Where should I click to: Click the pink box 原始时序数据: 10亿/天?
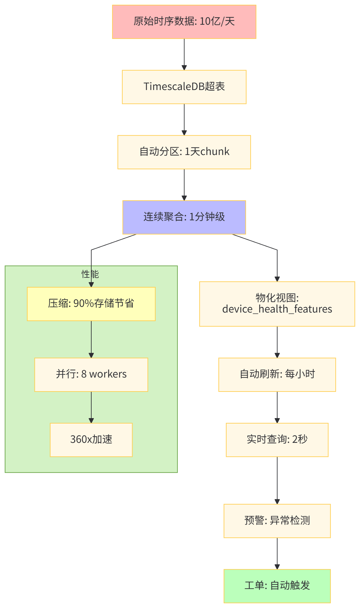click(184, 22)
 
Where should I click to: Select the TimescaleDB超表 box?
click(184, 87)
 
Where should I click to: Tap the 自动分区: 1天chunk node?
click(184, 152)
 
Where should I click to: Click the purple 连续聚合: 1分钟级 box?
click(184, 217)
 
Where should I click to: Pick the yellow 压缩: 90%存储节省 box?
click(91, 304)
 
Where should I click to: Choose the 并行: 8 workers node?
click(91, 374)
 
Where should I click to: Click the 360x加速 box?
click(91, 440)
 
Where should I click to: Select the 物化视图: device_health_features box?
click(277, 304)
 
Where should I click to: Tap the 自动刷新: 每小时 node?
click(277, 374)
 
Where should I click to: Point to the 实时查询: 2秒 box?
click(277, 440)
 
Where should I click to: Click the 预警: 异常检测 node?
click(277, 521)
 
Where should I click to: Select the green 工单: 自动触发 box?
click(277, 586)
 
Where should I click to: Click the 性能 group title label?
click(90, 274)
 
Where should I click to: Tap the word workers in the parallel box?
click(108, 374)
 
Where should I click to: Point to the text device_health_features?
click(277, 309)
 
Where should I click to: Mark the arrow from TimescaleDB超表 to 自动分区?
click(184, 120)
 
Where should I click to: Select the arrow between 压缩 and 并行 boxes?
click(91, 339)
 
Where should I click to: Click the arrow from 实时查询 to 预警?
click(277, 480)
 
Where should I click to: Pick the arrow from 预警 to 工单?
click(277, 553)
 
